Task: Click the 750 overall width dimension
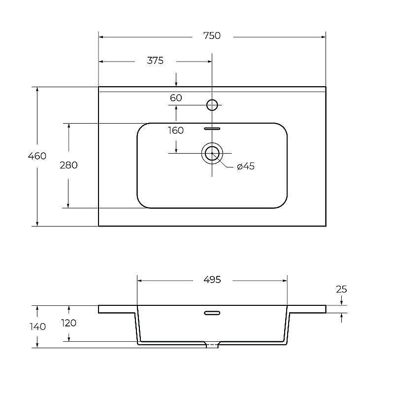(x=212, y=35)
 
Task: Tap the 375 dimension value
(x=155, y=61)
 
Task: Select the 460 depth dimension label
(x=37, y=156)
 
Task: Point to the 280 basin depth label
(x=68, y=165)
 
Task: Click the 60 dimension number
(x=176, y=98)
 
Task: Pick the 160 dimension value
(x=176, y=131)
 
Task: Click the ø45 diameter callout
(x=246, y=166)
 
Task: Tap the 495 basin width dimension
(x=212, y=279)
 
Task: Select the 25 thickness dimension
(x=341, y=289)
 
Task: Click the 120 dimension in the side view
(x=68, y=323)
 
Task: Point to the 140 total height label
(x=38, y=327)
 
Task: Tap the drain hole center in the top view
(x=212, y=153)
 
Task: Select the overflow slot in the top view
(x=212, y=129)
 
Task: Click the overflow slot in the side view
(x=212, y=313)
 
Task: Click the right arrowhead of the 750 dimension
(x=323, y=37)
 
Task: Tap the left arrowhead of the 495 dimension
(x=140, y=281)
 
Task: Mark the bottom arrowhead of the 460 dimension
(x=37, y=224)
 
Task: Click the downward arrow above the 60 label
(x=176, y=80)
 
